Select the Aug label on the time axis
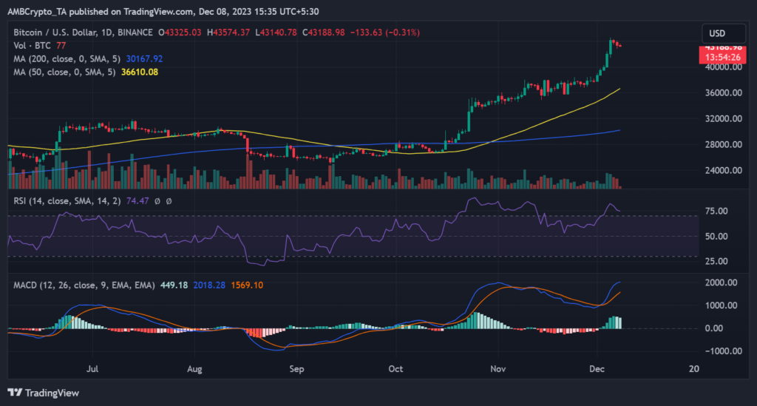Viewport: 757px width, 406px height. [x=194, y=368]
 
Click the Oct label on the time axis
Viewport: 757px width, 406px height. [x=396, y=368]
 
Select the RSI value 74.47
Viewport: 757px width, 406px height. [x=128, y=200]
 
